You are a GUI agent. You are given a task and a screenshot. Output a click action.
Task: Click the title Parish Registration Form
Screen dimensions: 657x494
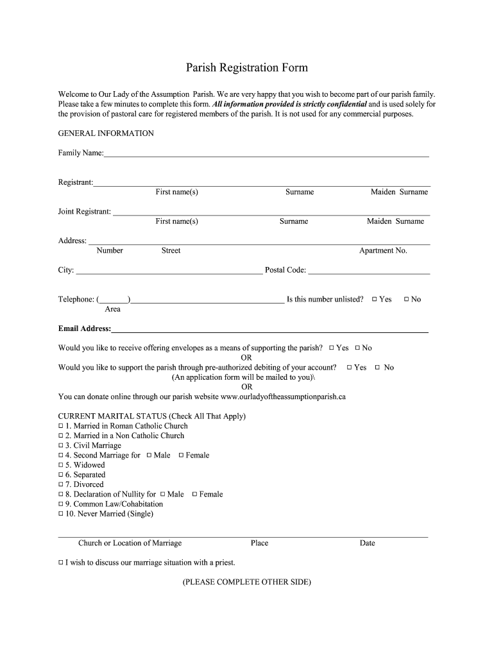click(247, 67)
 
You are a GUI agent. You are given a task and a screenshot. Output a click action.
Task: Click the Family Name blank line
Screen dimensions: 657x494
click(266, 154)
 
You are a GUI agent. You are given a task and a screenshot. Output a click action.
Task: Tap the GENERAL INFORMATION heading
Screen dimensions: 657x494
click(106, 133)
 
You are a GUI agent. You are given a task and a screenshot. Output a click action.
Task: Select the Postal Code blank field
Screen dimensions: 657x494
click(369, 271)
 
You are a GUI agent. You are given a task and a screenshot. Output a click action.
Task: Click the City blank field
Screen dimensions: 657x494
click(169, 271)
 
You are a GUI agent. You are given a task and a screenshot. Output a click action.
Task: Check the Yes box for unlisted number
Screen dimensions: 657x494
click(374, 300)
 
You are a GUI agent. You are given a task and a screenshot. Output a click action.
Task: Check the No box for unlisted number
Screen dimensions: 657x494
click(406, 300)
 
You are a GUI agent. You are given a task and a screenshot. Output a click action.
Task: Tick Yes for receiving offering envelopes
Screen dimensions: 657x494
click(332, 348)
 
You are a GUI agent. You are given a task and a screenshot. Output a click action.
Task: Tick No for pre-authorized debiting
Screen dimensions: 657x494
click(377, 368)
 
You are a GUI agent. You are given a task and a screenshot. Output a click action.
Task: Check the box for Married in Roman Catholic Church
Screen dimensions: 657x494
click(61, 426)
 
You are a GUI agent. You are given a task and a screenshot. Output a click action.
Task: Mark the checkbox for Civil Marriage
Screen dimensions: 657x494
click(61, 446)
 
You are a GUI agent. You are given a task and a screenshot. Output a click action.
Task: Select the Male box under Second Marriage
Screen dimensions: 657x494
click(149, 456)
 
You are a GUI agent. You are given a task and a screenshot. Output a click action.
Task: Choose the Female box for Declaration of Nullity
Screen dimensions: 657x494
click(194, 495)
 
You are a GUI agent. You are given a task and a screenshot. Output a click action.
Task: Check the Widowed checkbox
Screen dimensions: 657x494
click(61, 465)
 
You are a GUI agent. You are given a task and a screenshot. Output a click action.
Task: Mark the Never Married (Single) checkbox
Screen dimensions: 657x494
click(61, 514)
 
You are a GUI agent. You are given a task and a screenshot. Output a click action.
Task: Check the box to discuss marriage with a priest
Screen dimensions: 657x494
click(61, 563)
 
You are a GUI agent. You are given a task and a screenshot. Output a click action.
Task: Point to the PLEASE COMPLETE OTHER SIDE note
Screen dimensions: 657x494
click(247, 582)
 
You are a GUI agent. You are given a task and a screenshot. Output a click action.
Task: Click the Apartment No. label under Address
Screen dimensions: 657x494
click(383, 251)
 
